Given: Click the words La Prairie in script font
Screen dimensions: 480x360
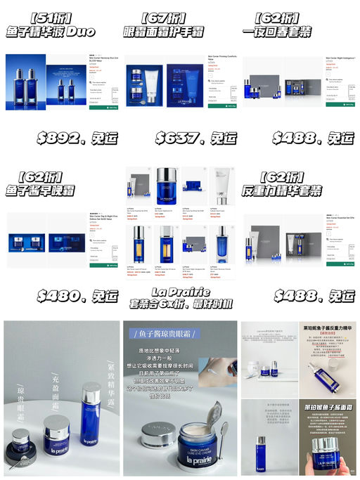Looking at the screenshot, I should pyautogui.click(x=179, y=290).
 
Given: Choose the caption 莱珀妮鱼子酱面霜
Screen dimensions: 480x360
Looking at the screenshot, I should pyautogui.click(x=331, y=408).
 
